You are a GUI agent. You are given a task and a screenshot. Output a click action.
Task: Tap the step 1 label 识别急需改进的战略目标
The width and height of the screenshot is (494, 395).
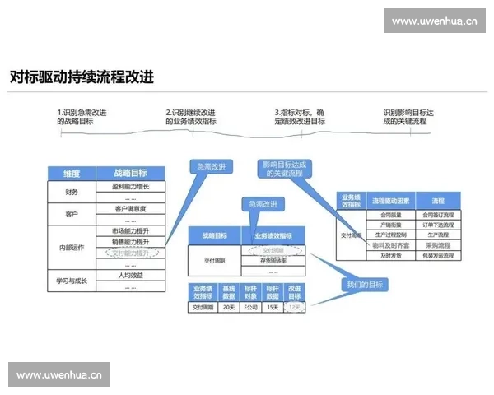(x=86, y=117)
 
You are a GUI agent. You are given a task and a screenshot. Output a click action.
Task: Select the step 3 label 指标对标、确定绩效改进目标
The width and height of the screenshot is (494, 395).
(x=300, y=117)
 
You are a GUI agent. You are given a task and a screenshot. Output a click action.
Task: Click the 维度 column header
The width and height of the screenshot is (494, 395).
(x=72, y=174)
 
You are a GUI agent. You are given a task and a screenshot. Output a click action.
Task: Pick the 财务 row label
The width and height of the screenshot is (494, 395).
(x=72, y=192)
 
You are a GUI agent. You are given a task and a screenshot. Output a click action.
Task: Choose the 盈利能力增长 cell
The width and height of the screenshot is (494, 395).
(x=130, y=187)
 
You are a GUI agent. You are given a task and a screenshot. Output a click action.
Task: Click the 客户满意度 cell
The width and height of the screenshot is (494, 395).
(x=130, y=209)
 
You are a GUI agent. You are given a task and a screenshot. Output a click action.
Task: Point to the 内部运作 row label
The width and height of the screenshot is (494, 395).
(x=72, y=248)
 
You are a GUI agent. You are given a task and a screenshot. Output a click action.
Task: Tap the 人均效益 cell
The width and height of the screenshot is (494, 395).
(x=130, y=276)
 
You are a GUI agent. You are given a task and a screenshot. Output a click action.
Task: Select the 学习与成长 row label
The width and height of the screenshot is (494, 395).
(x=72, y=281)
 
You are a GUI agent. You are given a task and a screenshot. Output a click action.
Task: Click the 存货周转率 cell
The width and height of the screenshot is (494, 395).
(x=273, y=260)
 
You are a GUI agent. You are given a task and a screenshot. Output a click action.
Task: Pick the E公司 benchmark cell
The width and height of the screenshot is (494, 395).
(x=249, y=307)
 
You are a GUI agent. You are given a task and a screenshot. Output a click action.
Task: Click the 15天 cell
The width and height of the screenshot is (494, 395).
(x=273, y=307)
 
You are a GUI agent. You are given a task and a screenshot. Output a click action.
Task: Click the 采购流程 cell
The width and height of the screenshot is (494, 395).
(x=438, y=245)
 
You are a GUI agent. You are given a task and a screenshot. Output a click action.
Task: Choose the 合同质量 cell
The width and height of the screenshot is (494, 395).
(x=390, y=214)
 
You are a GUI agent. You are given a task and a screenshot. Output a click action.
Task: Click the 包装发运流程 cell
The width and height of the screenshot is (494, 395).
(x=438, y=256)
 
